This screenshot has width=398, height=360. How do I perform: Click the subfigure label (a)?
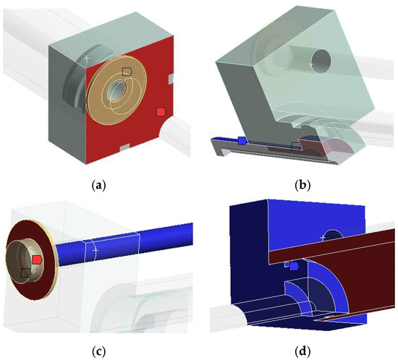[x=98, y=186]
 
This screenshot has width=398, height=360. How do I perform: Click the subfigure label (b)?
[x=302, y=186]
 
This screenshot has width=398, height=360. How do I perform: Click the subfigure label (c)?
[x=98, y=351]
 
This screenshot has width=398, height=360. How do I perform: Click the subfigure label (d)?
[x=302, y=351]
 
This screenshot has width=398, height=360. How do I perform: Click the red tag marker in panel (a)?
[x=161, y=112]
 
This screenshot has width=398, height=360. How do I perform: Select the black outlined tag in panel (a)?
[x=127, y=72]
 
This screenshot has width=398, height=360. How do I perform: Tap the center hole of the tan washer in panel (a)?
[x=117, y=90]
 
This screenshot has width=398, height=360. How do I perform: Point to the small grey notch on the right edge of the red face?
[x=171, y=79]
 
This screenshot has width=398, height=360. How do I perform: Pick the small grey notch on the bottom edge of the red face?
[x=124, y=147]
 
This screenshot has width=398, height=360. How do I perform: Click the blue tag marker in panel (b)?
[x=242, y=140]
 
